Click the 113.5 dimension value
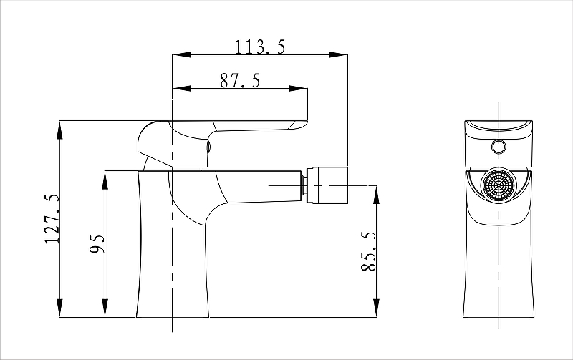coord(259,47)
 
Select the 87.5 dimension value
coord(240,81)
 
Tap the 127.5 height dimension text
coord(52,219)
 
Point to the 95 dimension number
coord(97,243)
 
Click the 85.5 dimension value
coord(368,251)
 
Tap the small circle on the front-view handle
coord(499,147)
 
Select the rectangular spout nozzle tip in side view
coord(327,185)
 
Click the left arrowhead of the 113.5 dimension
coord(182,55)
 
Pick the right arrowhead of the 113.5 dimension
coord(338,55)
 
